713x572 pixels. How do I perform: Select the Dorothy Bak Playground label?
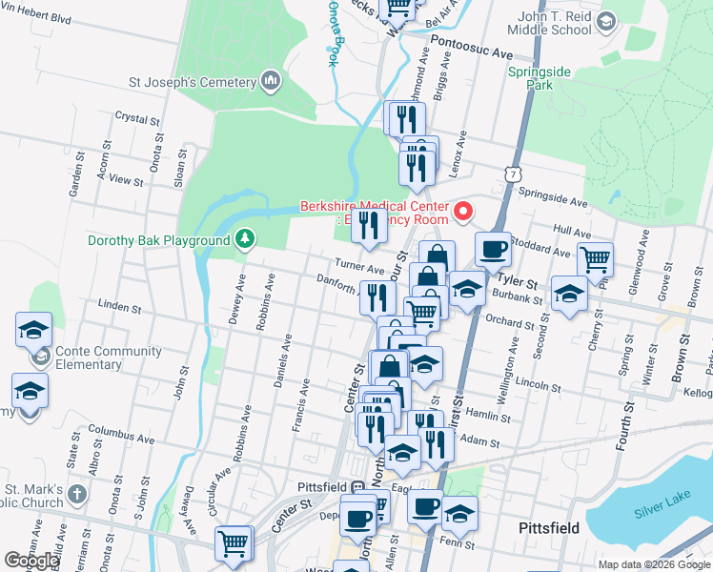tap(159, 240)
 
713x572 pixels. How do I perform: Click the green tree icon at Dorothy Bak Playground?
tap(246, 237)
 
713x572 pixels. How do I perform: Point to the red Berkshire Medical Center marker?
tap(464, 211)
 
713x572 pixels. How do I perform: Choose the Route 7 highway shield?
tap(515, 175)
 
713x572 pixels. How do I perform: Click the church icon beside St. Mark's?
tap(77, 496)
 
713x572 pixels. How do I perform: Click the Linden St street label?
tap(119, 308)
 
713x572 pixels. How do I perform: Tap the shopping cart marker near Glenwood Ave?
tap(595, 257)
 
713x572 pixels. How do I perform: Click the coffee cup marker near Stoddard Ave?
tap(493, 250)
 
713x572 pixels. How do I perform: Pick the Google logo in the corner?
tap(31, 561)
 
